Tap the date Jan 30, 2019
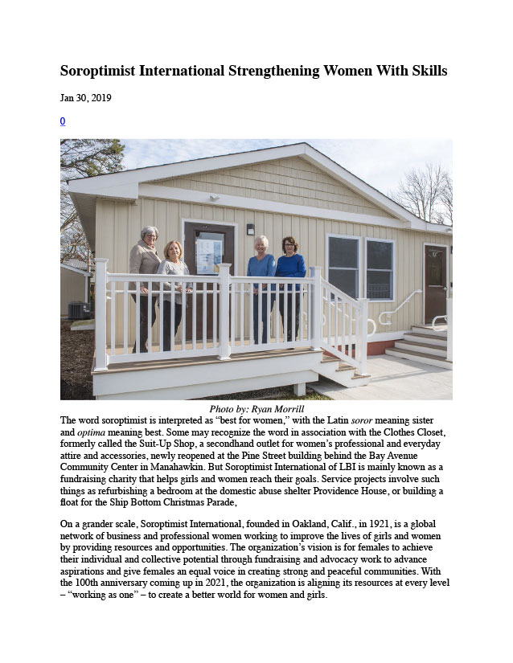(86, 98)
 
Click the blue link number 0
(63, 121)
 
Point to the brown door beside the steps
(435, 284)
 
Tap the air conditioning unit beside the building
(80, 310)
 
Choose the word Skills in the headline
(423, 71)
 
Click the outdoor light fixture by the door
(250, 230)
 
